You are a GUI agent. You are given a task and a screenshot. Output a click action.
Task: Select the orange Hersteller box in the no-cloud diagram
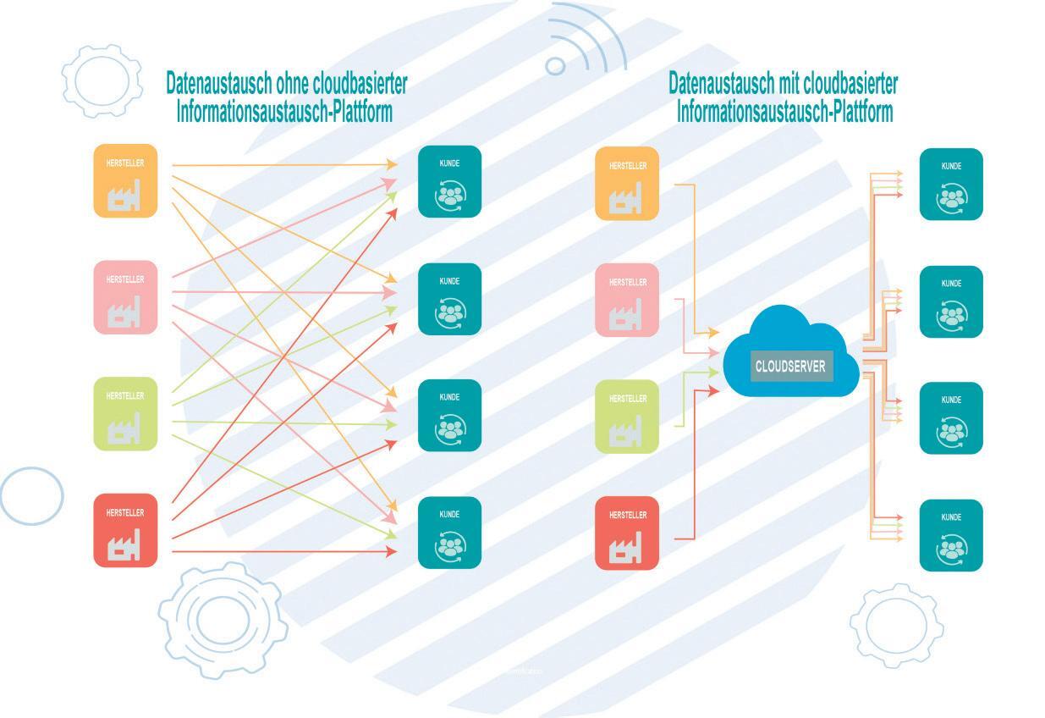pyautogui.click(x=125, y=180)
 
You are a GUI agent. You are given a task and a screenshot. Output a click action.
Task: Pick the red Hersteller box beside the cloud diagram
pyautogui.click(x=627, y=533)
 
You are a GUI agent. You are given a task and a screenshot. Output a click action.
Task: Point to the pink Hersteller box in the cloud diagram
pyautogui.click(x=627, y=300)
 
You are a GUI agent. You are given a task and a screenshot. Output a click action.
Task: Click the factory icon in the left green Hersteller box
pyautogui.click(x=124, y=430)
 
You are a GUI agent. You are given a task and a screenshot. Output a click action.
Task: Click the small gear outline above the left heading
pyautogui.click(x=102, y=80)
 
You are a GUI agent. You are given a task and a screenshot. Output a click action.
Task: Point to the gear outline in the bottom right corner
pyautogui.click(x=896, y=625)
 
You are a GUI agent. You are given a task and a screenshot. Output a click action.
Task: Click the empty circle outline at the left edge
pyautogui.click(x=31, y=496)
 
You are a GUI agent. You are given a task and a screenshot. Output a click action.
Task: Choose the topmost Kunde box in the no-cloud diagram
pyautogui.click(x=449, y=181)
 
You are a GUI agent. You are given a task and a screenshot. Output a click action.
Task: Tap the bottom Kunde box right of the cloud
pyautogui.click(x=951, y=535)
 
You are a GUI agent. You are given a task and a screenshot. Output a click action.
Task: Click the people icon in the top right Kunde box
pyautogui.click(x=951, y=199)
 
